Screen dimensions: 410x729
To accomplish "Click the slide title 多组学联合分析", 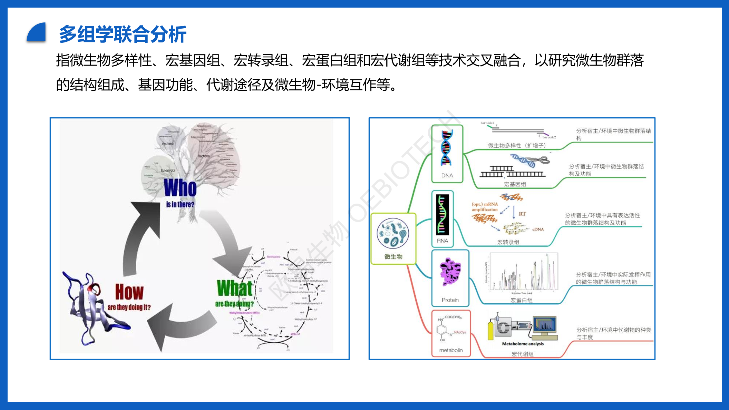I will pos(123,34).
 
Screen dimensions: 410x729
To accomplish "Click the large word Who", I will pos(180,188).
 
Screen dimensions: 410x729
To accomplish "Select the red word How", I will pos(129,292).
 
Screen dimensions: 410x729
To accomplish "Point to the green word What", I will pos(234,288).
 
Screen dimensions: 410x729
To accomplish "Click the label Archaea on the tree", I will pos(168,144).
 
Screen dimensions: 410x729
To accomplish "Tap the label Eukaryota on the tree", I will pos(168,170).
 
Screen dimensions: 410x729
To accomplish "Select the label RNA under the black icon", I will pos(442,241).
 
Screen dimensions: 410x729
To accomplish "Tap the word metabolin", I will pos(451,350).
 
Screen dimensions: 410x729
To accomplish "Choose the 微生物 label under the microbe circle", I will pos(393,256).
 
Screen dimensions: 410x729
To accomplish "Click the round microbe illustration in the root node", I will pos(393,233).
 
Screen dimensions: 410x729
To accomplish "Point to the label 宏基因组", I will pos(515,184).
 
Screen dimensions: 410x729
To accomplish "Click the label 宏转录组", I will pos(508,242).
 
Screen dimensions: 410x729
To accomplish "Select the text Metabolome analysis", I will pos(523,344).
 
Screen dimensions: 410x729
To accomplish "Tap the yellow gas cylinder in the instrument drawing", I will pos(490,331).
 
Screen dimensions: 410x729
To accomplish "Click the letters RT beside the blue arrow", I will pos(522,214).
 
